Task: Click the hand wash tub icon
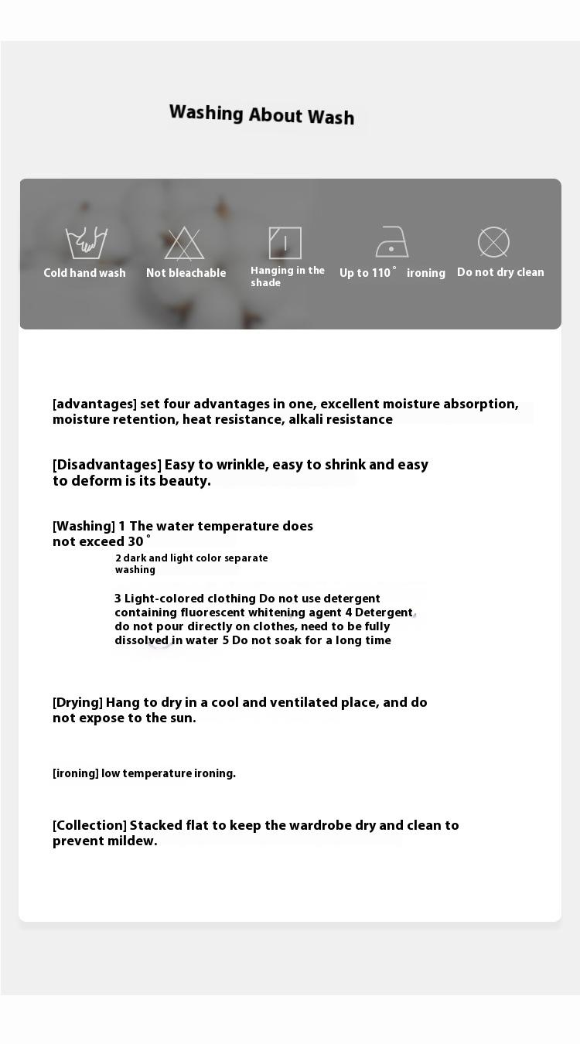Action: [x=86, y=243]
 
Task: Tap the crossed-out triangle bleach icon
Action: [x=184, y=243]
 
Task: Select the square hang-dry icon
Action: [x=285, y=243]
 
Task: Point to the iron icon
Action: [x=392, y=242]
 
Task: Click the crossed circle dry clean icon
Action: [x=493, y=242]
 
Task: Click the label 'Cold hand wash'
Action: [x=84, y=273]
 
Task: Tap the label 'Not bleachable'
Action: [x=186, y=273]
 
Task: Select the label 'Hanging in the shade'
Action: [x=287, y=276]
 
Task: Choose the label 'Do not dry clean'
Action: [x=500, y=272]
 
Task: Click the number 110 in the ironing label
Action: [x=381, y=273]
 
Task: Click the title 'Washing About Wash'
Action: [x=261, y=114]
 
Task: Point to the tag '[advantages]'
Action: [x=94, y=404]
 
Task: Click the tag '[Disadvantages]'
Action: [x=107, y=465]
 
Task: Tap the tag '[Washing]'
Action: [x=84, y=526]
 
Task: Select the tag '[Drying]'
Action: [x=77, y=702]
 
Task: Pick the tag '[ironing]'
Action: [x=76, y=773]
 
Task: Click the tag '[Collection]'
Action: [x=89, y=825]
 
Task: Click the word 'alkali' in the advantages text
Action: [x=305, y=419]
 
